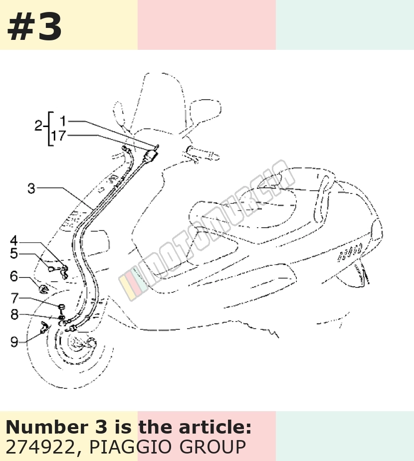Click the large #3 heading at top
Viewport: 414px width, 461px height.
point(34,27)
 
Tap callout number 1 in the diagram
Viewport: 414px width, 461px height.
point(63,121)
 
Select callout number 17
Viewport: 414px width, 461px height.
point(58,136)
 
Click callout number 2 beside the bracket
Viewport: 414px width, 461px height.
point(38,126)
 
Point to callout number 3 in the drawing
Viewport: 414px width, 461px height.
point(31,188)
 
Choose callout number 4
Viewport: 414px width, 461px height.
point(14,241)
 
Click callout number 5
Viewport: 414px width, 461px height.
point(14,254)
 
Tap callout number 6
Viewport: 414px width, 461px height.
point(14,277)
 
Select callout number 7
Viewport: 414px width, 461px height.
point(14,298)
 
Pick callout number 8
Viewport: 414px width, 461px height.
point(14,314)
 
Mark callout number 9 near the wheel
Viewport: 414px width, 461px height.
point(14,342)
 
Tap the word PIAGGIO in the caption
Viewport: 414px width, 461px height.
point(130,447)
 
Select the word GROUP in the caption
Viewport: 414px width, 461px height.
point(212,447)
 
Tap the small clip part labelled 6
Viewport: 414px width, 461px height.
point(43,289)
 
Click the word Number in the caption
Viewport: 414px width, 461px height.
point(47,427)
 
